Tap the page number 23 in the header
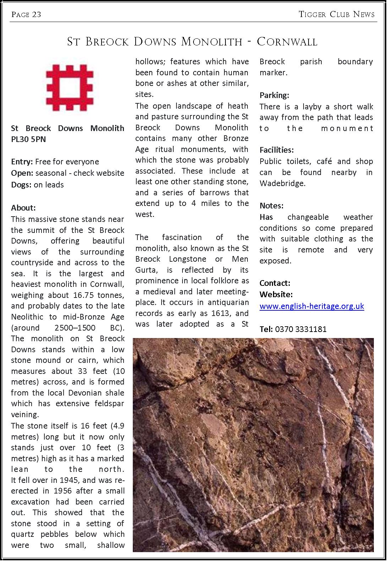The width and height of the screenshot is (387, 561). [37, 14]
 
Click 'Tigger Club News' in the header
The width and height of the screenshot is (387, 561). [337, 14]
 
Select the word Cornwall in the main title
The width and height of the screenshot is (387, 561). [287, 42]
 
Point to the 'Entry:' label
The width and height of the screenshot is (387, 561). [22, 162]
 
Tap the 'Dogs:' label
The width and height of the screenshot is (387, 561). [21, 185]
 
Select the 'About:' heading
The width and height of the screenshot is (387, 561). [23, 208]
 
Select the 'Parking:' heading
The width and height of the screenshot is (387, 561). [274, 95]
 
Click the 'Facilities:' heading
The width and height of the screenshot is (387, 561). [277, 150]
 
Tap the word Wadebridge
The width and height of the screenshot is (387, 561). [282, 183]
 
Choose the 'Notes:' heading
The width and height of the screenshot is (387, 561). [271, 206]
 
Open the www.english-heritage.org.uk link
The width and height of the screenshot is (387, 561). [312, 306]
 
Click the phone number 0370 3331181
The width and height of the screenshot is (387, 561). [301, 329]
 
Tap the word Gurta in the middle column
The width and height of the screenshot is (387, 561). [146, 270]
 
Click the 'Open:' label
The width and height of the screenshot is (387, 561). [22, 173]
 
